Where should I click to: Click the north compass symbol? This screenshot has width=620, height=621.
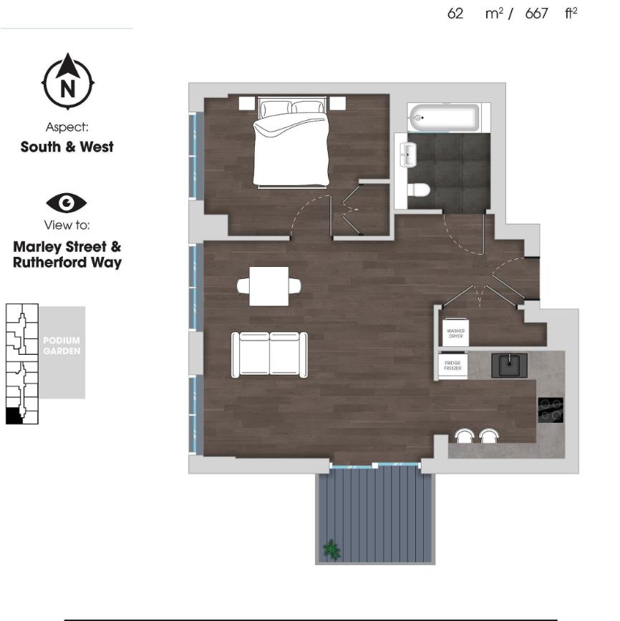(x=67, y=82)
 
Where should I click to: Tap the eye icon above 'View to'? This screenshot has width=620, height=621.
(x=67, y=203)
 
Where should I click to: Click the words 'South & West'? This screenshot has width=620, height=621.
(x=67, y=147)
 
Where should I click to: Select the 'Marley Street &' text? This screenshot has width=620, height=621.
(x=67, y=247)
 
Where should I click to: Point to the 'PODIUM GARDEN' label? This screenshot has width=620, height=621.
(x=62, y=346)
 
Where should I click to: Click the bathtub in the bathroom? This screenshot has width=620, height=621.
(x=443, y=117)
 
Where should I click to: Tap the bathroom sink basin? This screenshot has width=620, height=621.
(x=408, y=153)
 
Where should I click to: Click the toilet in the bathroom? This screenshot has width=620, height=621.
(x=417, y=190)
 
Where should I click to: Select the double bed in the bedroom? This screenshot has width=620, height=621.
(x=291, y=147)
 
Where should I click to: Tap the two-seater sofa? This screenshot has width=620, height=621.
(x=270, y=354)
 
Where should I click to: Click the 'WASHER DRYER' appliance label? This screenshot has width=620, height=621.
(x=456, y=333)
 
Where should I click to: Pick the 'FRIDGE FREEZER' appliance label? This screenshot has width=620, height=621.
(x=452, y=366)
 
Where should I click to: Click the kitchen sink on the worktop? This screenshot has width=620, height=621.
(x=509, y=365)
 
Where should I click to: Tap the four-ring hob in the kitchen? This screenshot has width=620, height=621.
(x=551, y=410)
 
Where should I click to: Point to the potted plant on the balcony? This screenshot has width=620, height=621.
(x=331, y=549)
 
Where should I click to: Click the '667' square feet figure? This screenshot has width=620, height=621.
(x=536, y=14)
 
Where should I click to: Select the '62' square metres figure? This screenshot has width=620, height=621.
(x=455, y=14)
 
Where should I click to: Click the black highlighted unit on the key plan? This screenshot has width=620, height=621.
(x=14, y=416)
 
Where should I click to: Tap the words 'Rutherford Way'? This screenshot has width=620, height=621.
(x=67, y=263)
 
